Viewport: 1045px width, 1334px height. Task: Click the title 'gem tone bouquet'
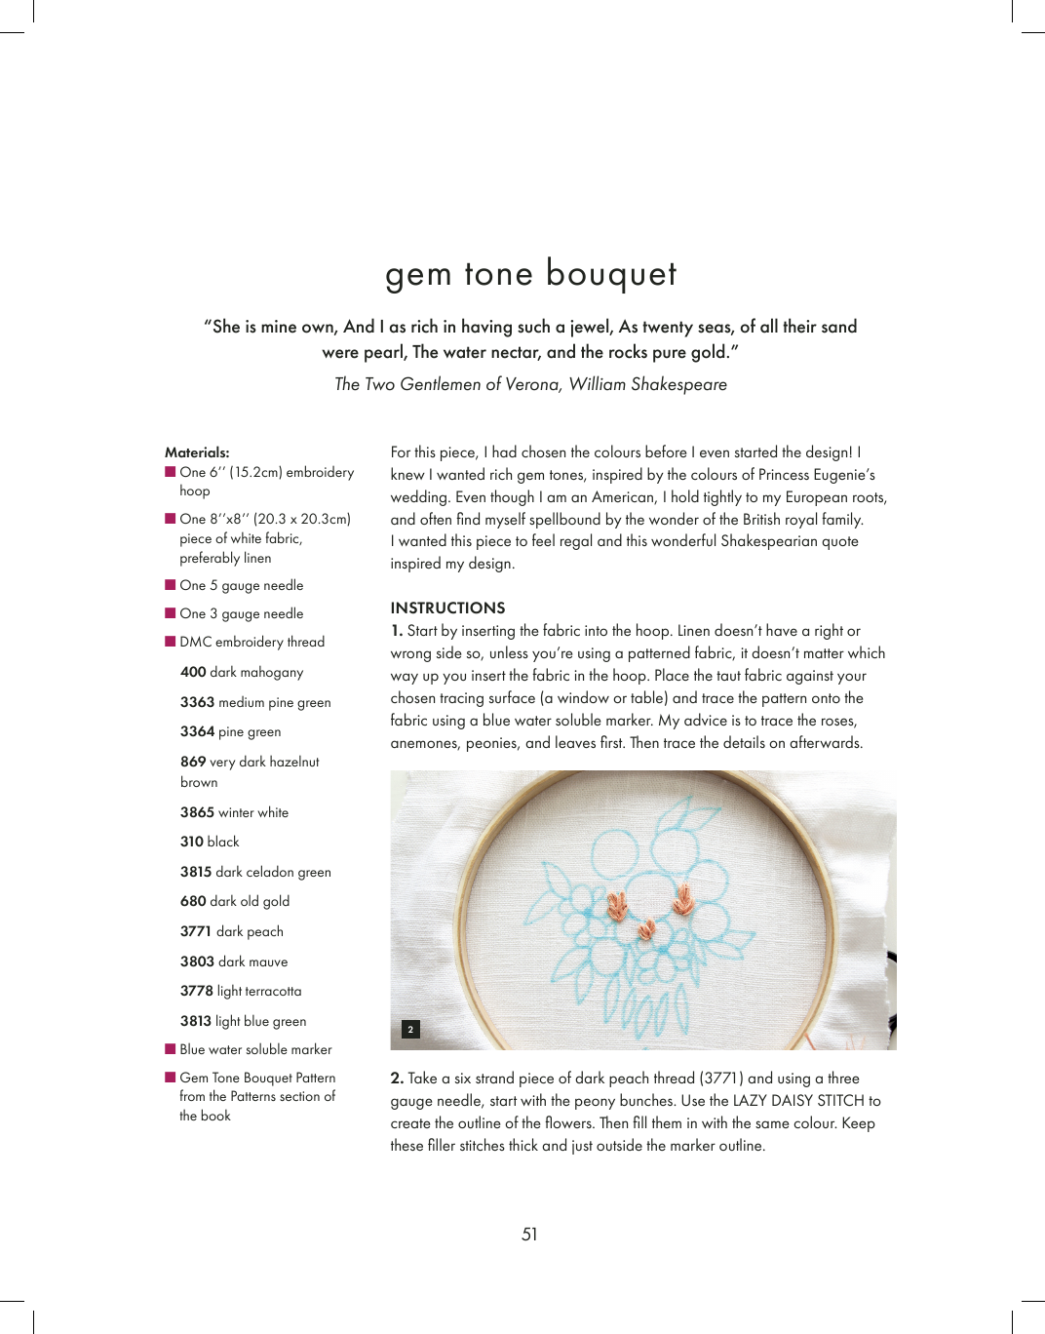[530, 274]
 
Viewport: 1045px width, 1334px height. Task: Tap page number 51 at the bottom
[529, 1235]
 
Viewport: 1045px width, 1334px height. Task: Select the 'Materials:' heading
[197, 452]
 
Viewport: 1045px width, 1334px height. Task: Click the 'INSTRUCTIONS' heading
[447, 608]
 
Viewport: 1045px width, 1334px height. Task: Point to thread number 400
[193, 672]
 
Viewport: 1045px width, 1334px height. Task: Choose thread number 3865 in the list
[197, 812]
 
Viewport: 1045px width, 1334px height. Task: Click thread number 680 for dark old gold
[193, 901]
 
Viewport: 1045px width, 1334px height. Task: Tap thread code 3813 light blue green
[196, 1021]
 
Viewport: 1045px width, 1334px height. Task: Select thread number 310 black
[192, 842]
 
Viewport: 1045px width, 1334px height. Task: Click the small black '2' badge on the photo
[410, 1029]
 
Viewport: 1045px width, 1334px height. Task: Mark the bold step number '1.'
[397, 631]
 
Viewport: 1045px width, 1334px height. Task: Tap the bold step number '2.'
[397, 1079]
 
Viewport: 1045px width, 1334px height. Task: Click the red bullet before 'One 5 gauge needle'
[171, 585]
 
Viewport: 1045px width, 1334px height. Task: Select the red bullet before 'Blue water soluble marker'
[171, 1049]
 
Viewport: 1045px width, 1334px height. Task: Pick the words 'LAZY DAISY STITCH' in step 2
[798, 1101]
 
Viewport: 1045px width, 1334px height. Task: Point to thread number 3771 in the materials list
[196, 931]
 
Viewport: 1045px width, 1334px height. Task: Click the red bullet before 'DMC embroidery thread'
[171, 642]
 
